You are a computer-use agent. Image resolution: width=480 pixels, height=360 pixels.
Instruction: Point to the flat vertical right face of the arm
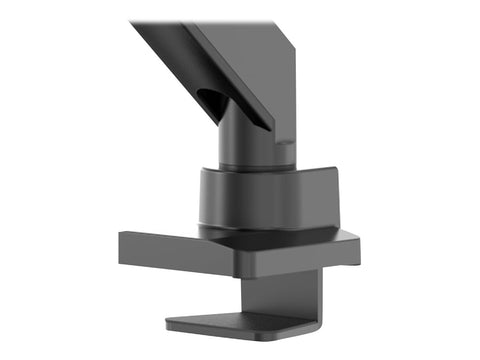click(290, 90)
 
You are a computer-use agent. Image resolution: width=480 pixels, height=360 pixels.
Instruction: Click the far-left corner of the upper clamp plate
click(120, 236)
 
